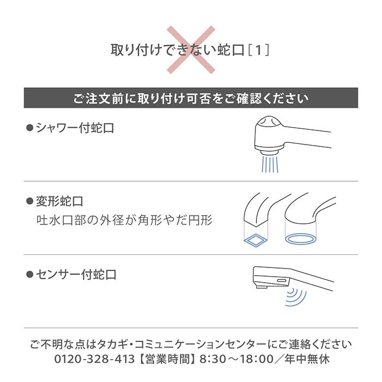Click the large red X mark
point(191,50)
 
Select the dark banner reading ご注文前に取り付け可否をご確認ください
point(191,98)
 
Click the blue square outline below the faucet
point(254,238)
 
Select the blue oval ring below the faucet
point(300,238)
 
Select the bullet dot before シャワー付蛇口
point(30,128)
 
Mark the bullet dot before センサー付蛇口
point(30,274)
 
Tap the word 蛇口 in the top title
point(226,50)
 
